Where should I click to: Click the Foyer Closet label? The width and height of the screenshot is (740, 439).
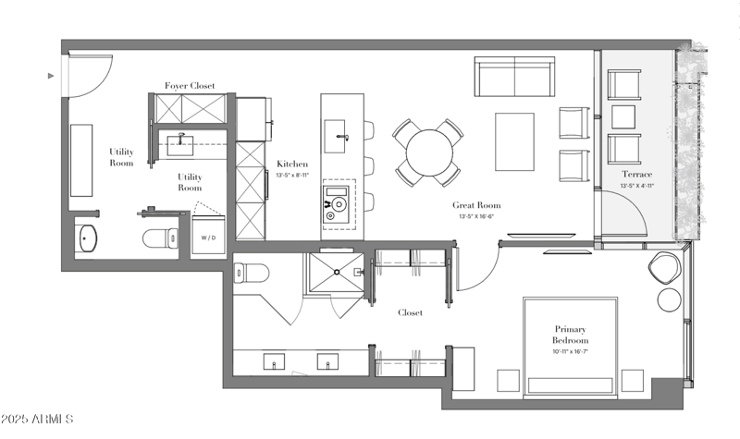coord(190,86)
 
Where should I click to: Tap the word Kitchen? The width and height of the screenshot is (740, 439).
coord(291,165)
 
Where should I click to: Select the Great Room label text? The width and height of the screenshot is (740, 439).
coord(476,205)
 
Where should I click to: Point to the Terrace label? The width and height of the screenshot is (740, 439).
coord(636,174)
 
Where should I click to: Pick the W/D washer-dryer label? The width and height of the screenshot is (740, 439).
coord(210,238)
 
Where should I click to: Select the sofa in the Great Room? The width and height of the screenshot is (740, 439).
coord(513,78)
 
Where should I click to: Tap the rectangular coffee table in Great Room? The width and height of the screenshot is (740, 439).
coord(514,141)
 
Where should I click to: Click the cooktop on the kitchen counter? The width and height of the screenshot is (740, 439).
coord(338,203)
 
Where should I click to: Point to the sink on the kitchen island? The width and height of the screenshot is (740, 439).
coord(337,139)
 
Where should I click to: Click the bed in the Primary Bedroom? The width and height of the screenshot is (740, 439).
coord(570,347)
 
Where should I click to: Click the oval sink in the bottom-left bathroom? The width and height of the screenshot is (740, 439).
coord(89,238)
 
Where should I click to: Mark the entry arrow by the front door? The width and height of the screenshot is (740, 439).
coord(52,76)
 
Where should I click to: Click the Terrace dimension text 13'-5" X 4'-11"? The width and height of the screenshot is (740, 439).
coord(636,185)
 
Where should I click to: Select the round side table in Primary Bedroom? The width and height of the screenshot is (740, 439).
coord(669,300)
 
